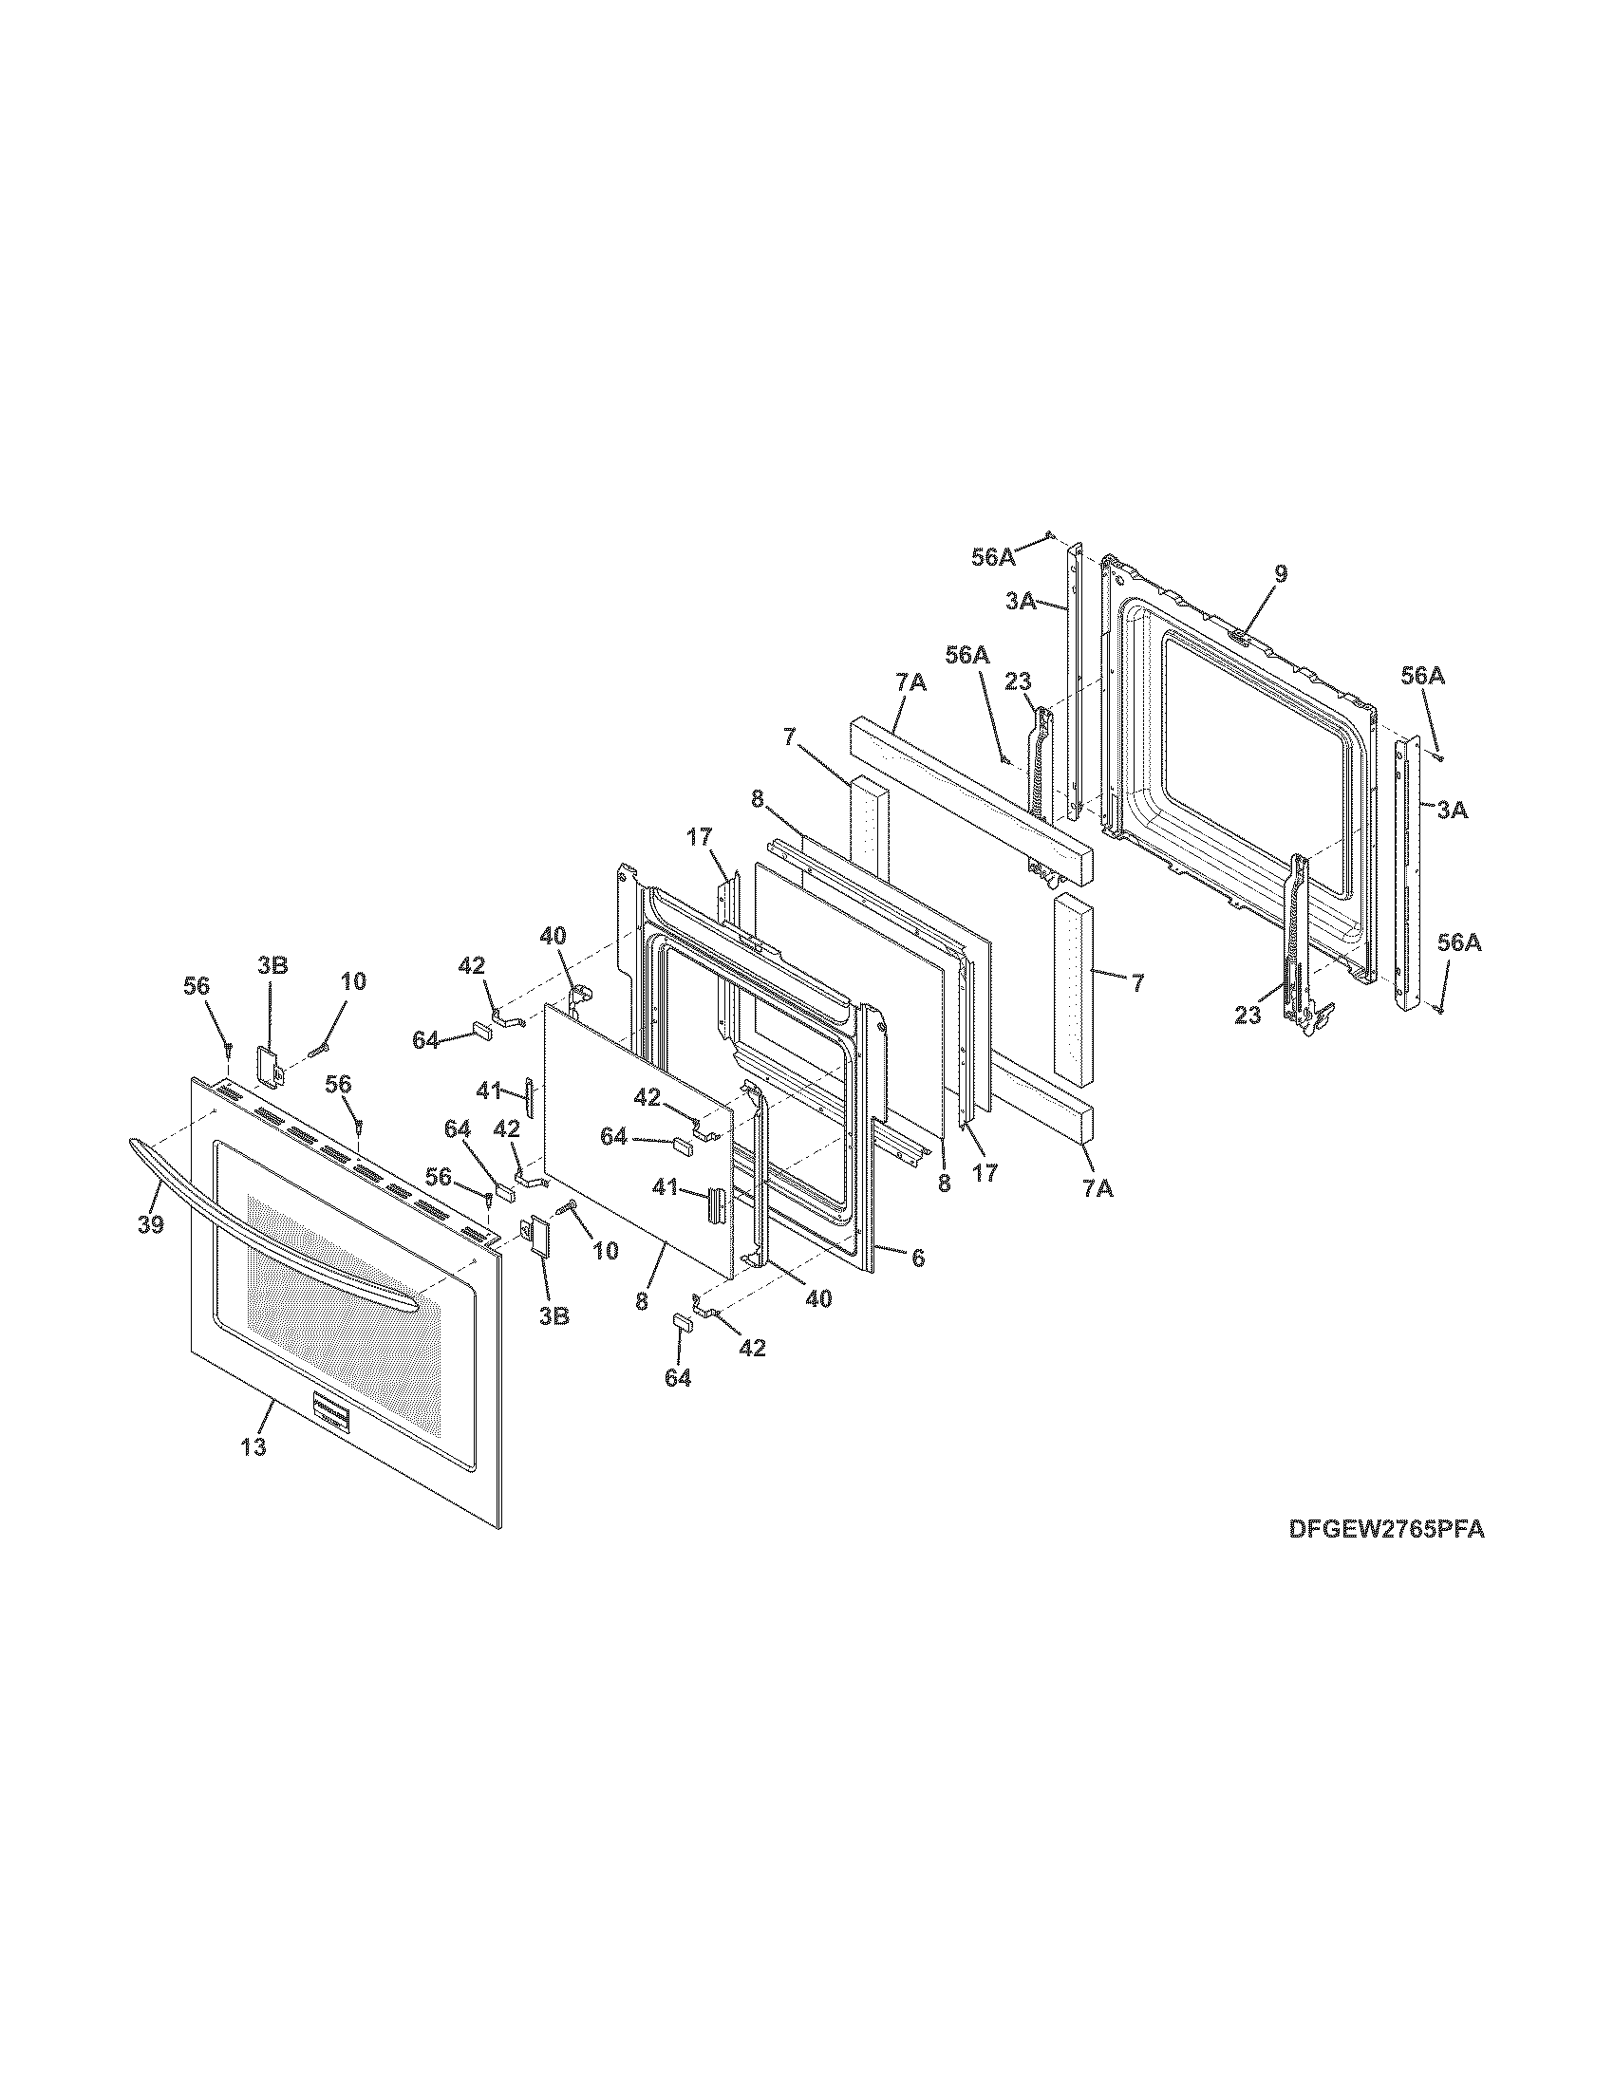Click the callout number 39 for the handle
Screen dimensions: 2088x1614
coord(150,1224)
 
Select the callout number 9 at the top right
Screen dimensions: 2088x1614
coord(1281,573)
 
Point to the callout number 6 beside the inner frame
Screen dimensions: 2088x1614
coord(917,1258)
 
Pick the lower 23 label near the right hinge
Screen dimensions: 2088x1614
coord(1247,1016)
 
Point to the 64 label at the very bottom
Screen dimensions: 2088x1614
coord(678,1379)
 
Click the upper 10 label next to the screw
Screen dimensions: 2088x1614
coord(353,982)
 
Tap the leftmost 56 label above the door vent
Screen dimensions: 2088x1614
coord(196,987)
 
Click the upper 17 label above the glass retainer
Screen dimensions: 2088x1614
coord(699,837)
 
